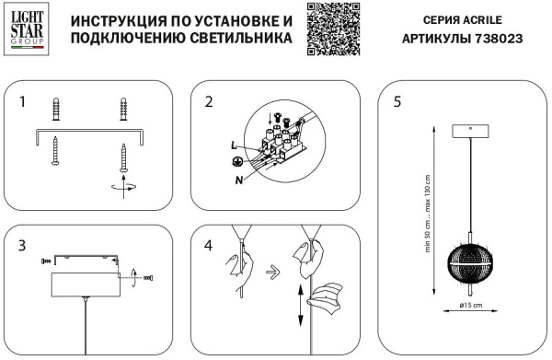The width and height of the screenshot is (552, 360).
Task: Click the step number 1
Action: point(22,101)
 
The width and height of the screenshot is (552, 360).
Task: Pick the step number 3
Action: point(22,246)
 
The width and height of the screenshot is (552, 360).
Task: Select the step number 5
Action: point(397,101)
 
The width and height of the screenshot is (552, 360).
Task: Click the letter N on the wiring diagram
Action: point(239,179)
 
